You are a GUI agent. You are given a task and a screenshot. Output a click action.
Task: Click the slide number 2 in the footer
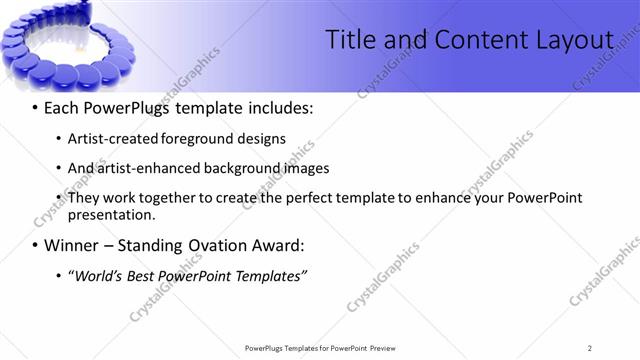[x=590, y=348]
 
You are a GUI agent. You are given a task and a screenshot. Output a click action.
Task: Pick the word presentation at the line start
[x=112, y=214]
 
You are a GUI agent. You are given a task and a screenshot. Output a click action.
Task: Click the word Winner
[x=71, y=245]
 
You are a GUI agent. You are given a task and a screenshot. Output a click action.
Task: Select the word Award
[x=280, y=245]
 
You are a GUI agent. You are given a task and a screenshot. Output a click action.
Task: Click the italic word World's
[x=98, y=275]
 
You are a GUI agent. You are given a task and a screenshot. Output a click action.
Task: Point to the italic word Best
[x=146, y=275]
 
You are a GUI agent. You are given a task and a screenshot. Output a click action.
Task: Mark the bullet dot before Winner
[x=36, y=245]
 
